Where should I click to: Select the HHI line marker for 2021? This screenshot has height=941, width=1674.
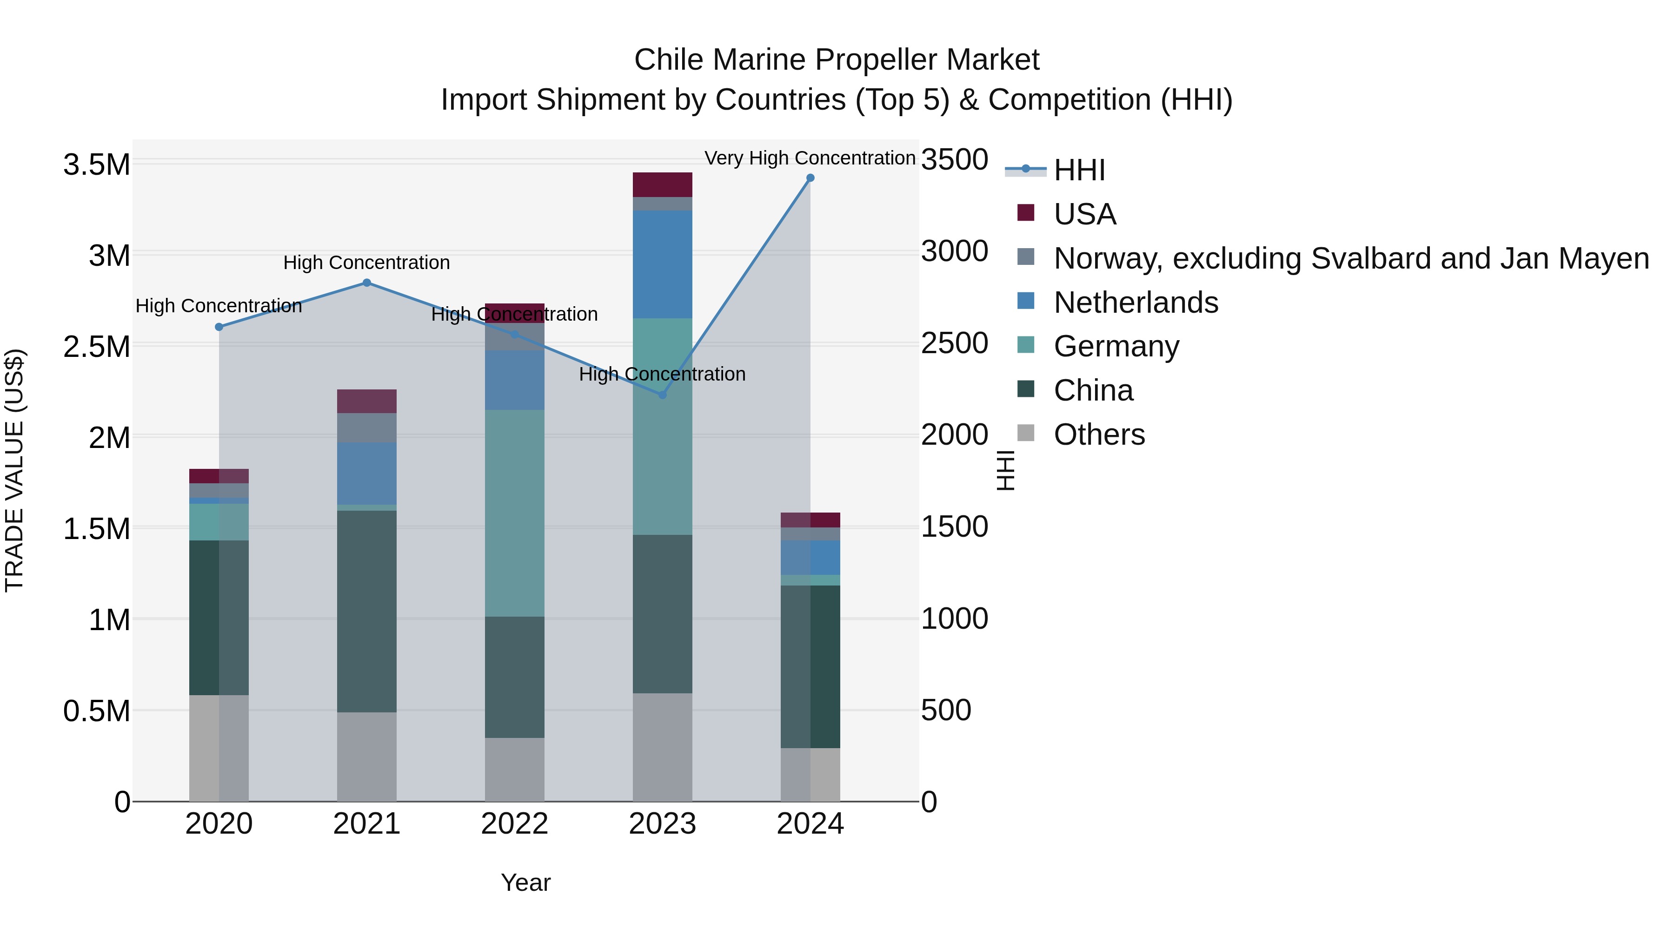pos(366,283)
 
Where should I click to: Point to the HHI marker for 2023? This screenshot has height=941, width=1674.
pos(662,395)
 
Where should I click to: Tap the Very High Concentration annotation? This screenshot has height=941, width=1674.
pos(810,158)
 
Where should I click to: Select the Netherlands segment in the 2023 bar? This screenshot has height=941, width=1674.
pos(662,264)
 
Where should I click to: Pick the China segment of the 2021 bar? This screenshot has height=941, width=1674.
pos(366,611)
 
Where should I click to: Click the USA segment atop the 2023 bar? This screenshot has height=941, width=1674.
pos(662,184)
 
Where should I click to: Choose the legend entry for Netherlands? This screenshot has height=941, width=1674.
pos(1135,303)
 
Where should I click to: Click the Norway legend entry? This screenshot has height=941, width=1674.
pos(1350,258)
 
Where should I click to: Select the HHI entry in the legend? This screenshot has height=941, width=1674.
pos(1079,170)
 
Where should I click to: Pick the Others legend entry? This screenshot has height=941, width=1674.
pos(1098,434)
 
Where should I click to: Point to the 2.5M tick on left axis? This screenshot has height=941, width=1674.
pos(96,347)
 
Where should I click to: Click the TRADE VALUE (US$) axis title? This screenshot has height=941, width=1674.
pos(14,470)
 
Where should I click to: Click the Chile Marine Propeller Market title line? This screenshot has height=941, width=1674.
pos(837,60)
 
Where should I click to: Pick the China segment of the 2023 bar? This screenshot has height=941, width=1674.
pos(662,614)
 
